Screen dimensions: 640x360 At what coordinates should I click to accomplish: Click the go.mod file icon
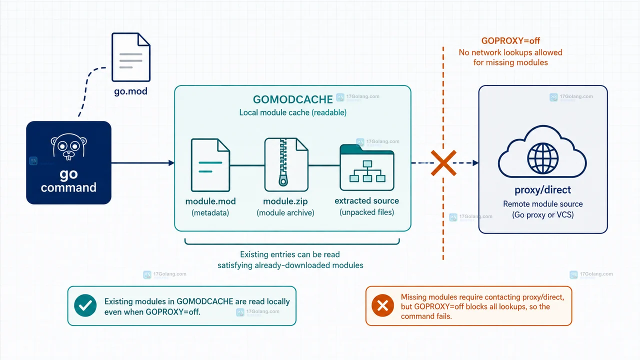click(131, 57)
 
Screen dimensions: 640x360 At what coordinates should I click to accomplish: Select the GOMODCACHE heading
click(293, 99)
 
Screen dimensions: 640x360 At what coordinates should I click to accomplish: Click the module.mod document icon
click(210, 165)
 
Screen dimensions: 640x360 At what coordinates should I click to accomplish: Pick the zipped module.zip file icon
click(286, 164)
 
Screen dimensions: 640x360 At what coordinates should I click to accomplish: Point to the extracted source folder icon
click(367, 167)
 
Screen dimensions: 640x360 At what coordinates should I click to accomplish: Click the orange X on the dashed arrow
click(443, 163)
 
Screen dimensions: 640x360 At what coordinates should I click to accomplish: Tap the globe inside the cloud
click(542, 158)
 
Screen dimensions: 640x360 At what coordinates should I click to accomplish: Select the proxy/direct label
click(543, 189)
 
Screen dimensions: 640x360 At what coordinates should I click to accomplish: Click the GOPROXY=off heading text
click(510, 40)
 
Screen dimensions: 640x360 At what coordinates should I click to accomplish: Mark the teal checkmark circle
click(85, 305)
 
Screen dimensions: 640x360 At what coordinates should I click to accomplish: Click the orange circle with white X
click(382, 305)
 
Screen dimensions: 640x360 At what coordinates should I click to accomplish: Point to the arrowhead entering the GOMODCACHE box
click(171, 163)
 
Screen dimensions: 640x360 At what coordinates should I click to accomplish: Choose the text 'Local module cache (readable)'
click(293, 112)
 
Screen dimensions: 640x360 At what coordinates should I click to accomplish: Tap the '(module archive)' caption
click(285, 213)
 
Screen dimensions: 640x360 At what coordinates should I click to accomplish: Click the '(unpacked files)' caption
click(367, 212)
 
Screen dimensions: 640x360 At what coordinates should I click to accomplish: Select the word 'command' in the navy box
click(68, 187)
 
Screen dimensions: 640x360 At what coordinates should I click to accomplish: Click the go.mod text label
click(131, 91)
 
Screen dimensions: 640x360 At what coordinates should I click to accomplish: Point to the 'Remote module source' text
click(543, 204)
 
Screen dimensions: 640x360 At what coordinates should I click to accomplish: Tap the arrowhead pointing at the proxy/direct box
click(475, 163)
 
